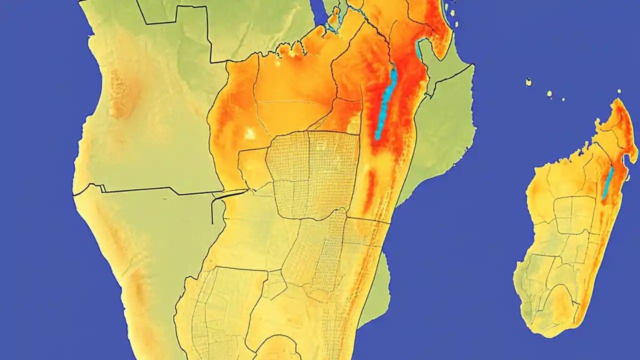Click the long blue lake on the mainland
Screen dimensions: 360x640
(x=386, y=102)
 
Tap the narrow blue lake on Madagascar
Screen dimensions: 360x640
(x=608, y=183)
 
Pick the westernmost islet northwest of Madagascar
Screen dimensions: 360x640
(x=528, y=82)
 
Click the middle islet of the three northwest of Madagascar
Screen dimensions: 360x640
(x=549, y=93)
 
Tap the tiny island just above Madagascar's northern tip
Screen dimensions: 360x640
(x=619, y=91)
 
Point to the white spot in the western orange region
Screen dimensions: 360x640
(x=248, y=132)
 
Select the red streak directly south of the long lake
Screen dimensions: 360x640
(x=370, y=190)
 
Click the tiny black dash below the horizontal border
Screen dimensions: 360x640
(x=164, y=198)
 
